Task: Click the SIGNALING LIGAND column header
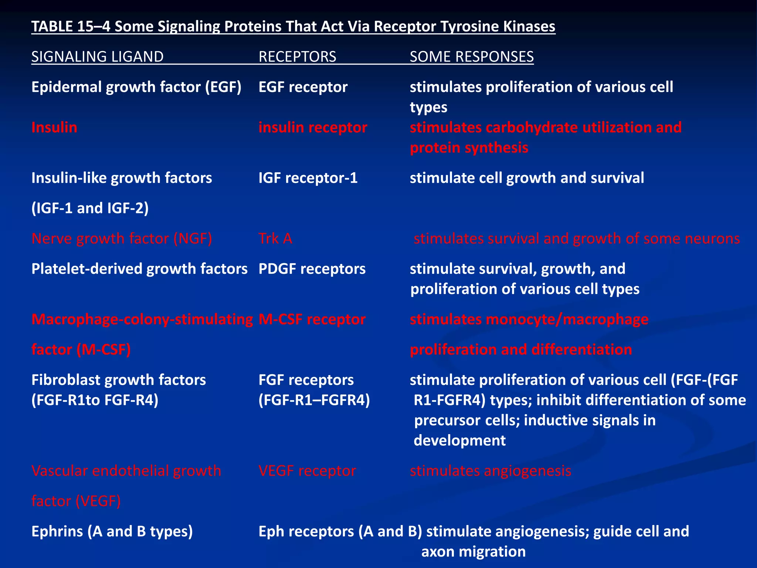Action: [x=97, y=57]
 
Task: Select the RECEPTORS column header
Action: [x=297, y=57]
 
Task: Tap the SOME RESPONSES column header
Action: [x=472, y=57]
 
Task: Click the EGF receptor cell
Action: [x=303, y=87]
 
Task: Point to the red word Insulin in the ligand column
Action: [x=54, y=128]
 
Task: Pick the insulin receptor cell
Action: [x=313, y=128]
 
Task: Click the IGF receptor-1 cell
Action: [x=308, y=178]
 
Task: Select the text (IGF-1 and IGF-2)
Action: [x=90, y=208]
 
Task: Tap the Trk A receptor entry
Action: [x=275, y=239]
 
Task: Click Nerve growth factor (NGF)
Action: [x=122, y=239]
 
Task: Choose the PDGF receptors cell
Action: [x=312, y=269]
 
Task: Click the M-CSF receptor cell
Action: [x=312, y=319]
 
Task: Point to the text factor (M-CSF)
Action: [x=81, y=350]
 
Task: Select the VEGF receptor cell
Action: [x=307, y=471]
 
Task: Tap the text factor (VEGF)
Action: [x=76, y=501]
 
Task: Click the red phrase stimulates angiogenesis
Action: [x=490, y=471]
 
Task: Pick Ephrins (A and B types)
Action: [x=112, y=531]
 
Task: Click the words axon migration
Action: [x=473, y=552]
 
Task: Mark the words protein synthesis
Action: [x=469, y=148]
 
